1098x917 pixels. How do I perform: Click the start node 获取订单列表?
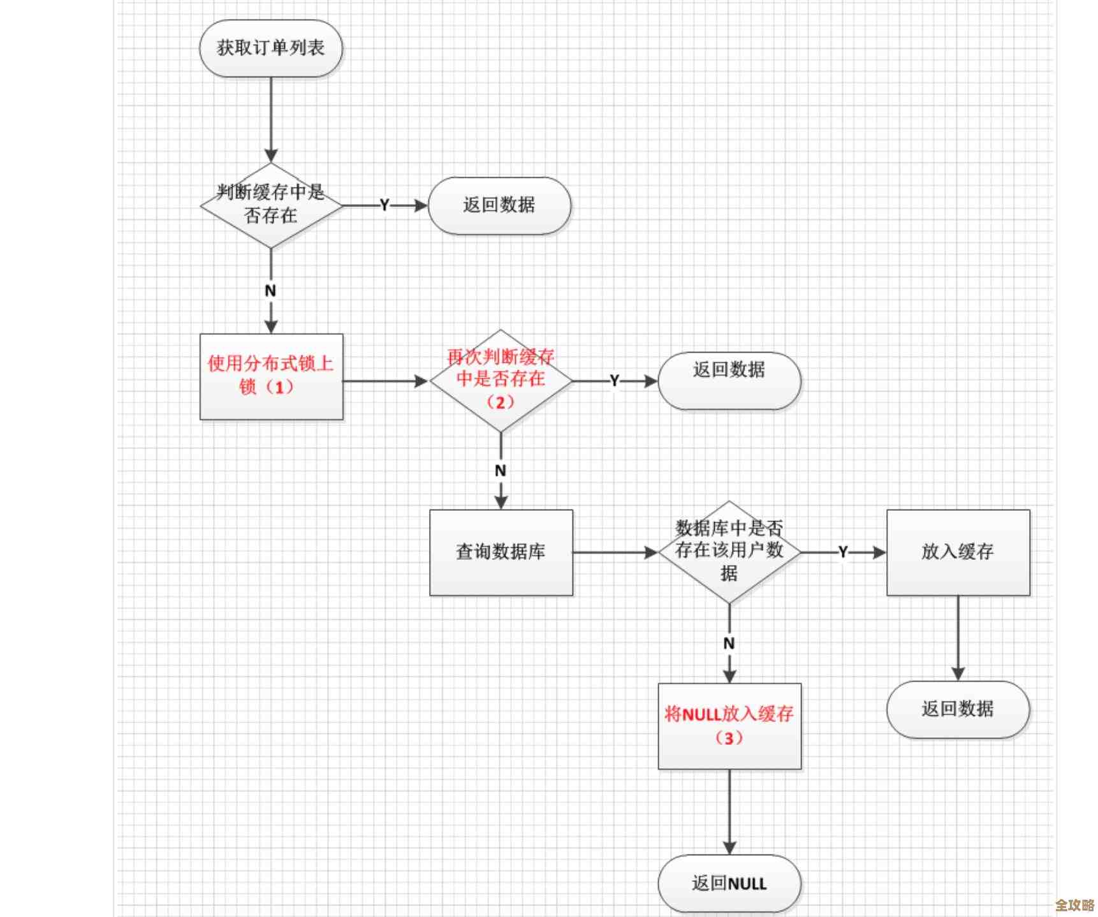click(271, 48)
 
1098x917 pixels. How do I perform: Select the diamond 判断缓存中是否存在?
click(271, 205)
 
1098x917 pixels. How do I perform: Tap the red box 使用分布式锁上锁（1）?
click(271, 376)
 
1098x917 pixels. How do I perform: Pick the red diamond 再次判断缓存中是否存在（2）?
click(501, 381)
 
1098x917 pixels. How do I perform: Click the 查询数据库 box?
click(501, 552)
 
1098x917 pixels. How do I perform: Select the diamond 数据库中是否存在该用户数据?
click(729, 552)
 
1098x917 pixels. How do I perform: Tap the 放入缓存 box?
click(958, 552)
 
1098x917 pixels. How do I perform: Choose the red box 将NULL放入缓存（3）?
click(729, 726)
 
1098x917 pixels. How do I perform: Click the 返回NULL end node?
click(729, 883)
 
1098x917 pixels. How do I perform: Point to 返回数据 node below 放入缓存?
click(958, 709)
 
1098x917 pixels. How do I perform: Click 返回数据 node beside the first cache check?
click(499, 205)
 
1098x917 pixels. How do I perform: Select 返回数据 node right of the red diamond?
click(729, 381)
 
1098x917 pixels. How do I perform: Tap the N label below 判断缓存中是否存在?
click(270, 291)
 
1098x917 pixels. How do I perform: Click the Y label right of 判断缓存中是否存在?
click(384, 205)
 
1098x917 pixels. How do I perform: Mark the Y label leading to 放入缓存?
click(843, 552)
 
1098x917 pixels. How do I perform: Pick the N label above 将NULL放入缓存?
click(729, 643)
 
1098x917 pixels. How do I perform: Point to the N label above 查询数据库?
click(501, 471)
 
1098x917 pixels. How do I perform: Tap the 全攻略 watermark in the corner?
click(1074, 905)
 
